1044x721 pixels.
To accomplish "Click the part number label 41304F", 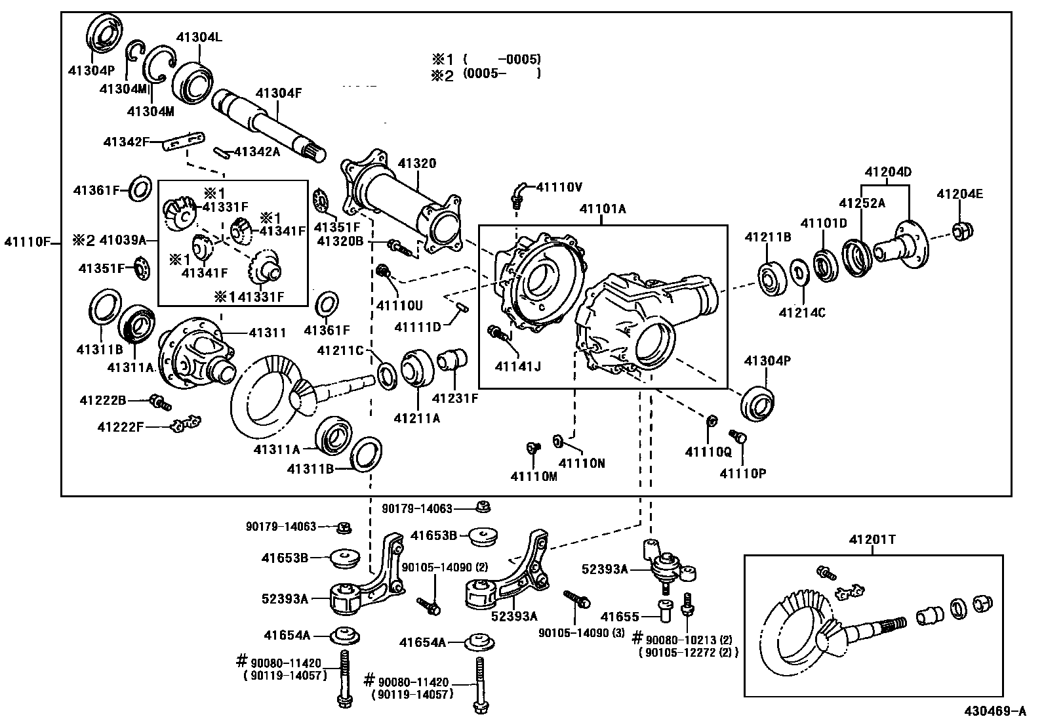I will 278,93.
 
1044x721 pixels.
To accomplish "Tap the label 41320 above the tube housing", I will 417,163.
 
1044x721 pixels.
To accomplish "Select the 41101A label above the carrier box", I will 603,209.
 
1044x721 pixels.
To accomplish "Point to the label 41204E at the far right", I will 960,194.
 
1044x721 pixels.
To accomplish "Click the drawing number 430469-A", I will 994,711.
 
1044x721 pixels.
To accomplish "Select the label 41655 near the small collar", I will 620,617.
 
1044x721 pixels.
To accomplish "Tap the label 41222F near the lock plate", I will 120,427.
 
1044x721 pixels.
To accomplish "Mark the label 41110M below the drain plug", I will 534,476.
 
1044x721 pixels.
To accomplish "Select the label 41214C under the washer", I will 802,313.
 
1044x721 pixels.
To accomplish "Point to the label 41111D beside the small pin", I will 418,326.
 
